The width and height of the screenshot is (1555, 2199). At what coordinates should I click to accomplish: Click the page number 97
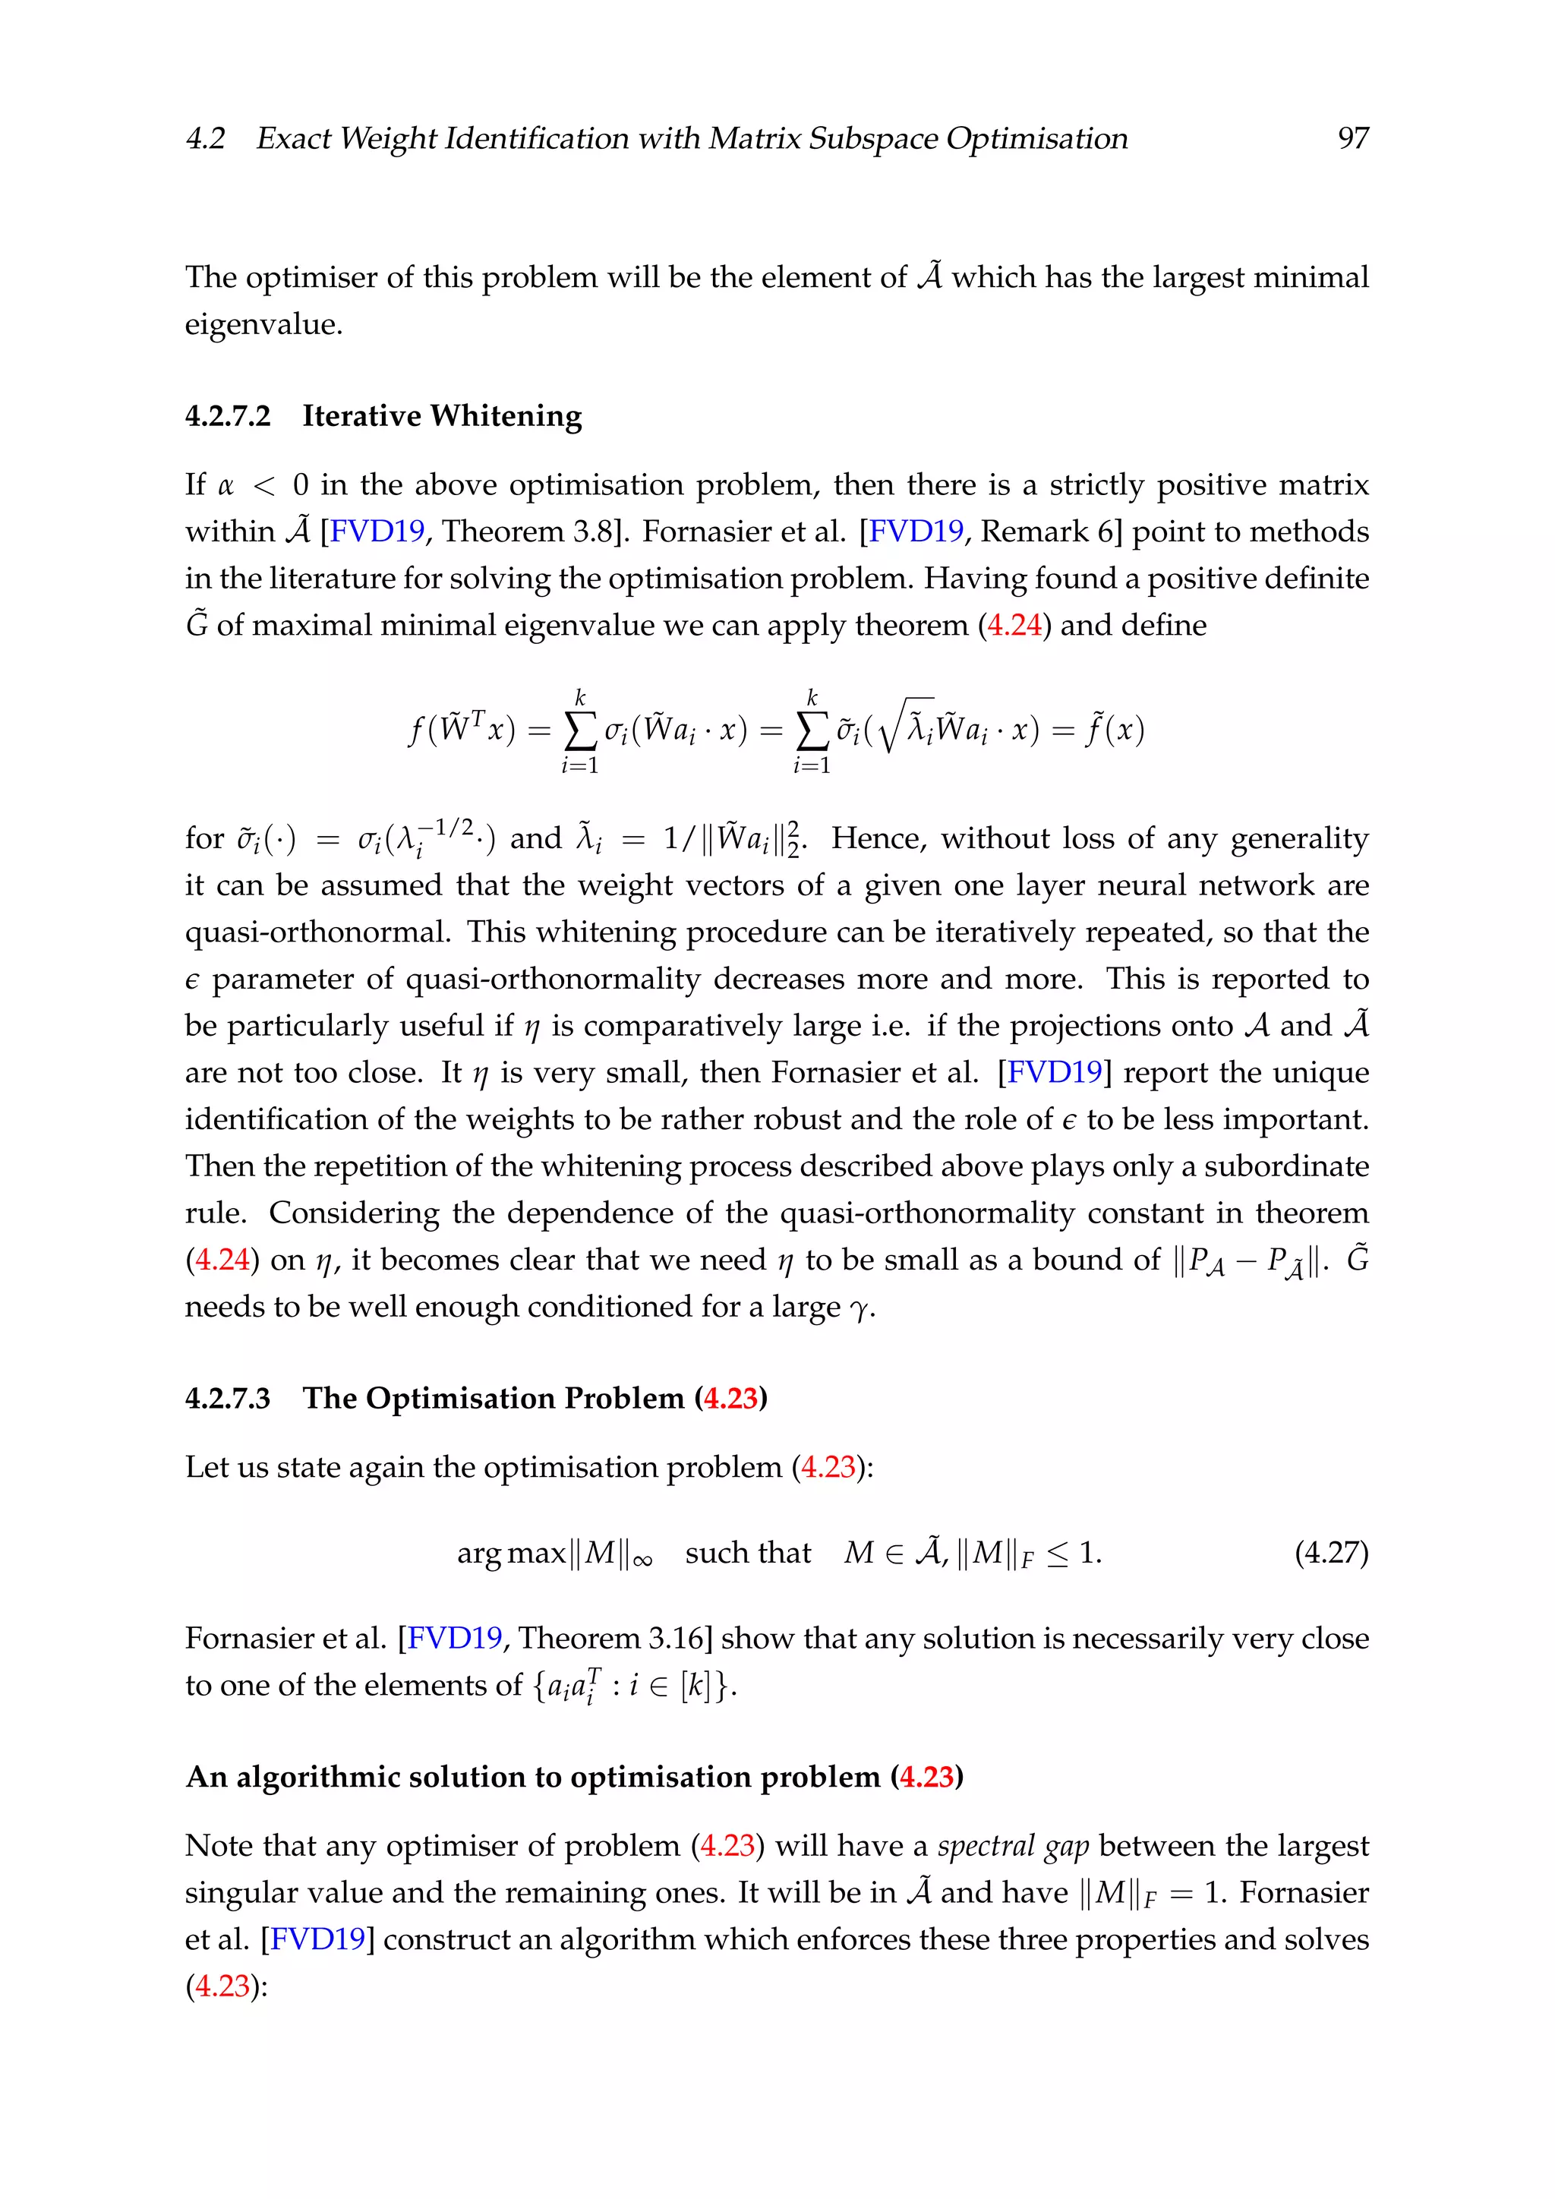click(1352, 139)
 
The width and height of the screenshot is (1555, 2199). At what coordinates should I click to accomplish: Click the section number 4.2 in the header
click(205, 139)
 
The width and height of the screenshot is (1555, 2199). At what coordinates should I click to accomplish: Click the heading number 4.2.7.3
click(228, 1399)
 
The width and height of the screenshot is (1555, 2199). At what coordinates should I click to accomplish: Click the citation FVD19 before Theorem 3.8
click(377, 532)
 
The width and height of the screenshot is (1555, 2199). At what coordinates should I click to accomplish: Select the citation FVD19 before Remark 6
click(916, 532)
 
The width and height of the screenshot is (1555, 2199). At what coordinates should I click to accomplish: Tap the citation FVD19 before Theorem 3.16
click(455, 1638)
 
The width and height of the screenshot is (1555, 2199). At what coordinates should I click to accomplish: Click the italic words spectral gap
click(1013, 1846)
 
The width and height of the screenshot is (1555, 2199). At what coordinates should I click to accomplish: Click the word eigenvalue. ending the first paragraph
click(263, 325)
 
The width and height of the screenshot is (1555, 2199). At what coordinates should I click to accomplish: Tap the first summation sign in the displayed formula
click(579, 732)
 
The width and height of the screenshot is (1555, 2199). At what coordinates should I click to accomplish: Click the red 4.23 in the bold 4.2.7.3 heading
click(730, 1399)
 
